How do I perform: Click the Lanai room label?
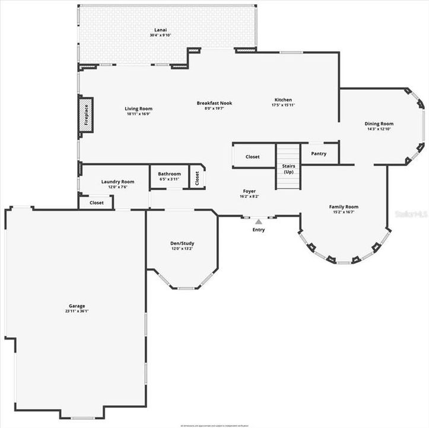click(x=160, y=29)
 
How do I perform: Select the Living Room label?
click(x=139, y=109)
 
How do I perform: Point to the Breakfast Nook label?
click(x=214, y=103)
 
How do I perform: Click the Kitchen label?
click(x=283, y=99)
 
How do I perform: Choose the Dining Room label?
click(x=379, y=124)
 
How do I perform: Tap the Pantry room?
click(x=319, y=153)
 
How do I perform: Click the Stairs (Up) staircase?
click(x=288, y=168)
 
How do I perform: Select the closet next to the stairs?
click(x=253, y=157)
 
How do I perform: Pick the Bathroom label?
click(x=170, y=174)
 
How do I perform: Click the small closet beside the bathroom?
click(x=197, y=178)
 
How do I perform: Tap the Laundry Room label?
click(x=117, y=182)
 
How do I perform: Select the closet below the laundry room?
click(x=96, y=203)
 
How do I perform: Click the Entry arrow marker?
click(x=259, y=222)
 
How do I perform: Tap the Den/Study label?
click(x=182, y=243)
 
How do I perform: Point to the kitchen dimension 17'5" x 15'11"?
click(x=283, y=105)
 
